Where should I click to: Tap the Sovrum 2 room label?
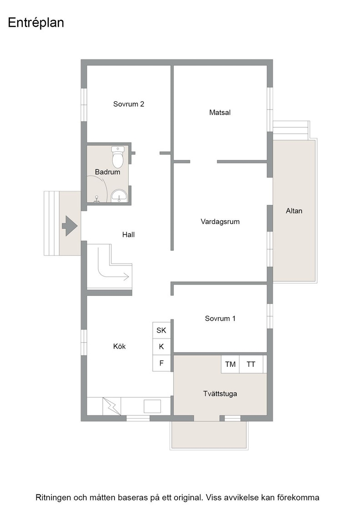pos(129,104)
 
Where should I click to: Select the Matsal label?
pos(220,113)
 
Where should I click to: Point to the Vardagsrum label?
pos(220,222)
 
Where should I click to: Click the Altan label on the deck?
pos(294,211)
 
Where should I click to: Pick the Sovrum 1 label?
pos(220,319)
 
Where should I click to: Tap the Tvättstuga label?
pos(220,394)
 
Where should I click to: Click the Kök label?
pos(120,346)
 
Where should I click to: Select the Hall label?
pos(128,235)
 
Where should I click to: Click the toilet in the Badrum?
pos(118,156)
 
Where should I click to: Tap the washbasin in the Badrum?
pos(120,196)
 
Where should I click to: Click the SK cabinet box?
pos(161,330)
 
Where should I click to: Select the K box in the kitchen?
pos(161,347)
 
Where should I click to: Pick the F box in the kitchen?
pos(161,363)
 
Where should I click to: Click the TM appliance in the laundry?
pos(230,364)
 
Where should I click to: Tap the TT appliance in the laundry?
pos(251,364)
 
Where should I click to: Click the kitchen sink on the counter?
pos(152,406)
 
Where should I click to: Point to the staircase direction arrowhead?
pos(126,277)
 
